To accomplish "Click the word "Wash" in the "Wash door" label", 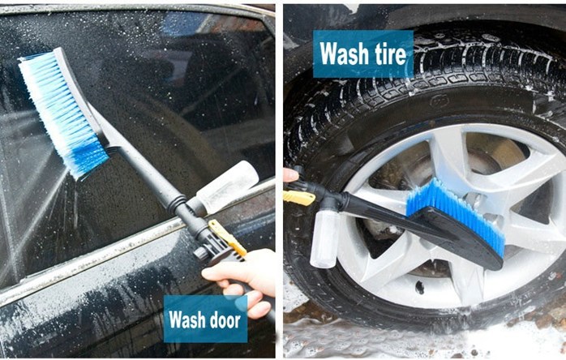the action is (x=185, y=319).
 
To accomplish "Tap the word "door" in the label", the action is (x=224, y=319).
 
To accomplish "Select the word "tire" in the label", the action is (x=391, y=54).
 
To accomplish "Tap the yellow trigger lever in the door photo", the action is (x=227, y=238).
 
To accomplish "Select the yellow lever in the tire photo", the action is (x=299, y=198).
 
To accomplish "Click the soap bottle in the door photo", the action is (x=227, y=186).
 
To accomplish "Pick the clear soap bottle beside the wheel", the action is (x=324, y=238).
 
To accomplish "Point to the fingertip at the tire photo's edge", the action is (x=290, y=175).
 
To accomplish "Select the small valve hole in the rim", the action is (x=419, y=287).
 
